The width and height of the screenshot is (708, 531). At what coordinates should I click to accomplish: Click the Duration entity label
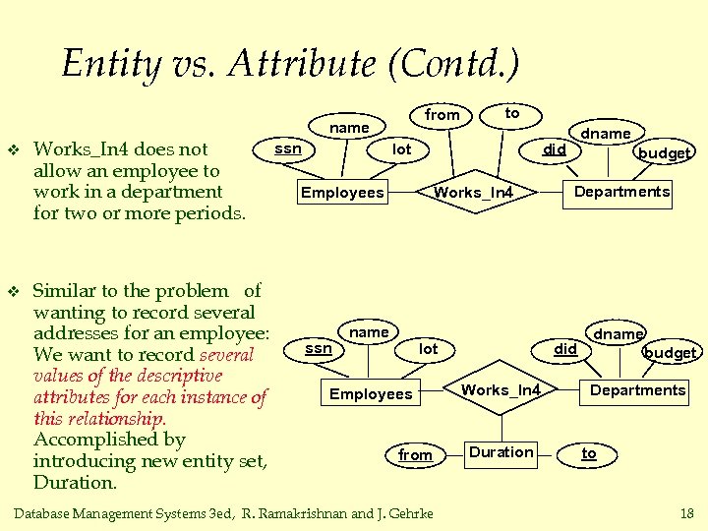[x=501, y=452]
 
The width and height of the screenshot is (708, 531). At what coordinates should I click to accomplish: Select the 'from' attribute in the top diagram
[x=442, y=115]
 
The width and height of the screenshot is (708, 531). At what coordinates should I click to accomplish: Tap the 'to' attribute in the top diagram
[x=511, y=113]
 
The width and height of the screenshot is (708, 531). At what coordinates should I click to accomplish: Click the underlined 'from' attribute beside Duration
[x=415, y=454]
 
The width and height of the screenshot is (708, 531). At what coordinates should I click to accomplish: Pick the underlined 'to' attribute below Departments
[x=588, y=453]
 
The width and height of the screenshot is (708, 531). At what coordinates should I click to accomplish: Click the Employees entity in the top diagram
[x=342, y=192]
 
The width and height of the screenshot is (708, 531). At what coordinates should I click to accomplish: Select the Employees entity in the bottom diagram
[x=371, y=394]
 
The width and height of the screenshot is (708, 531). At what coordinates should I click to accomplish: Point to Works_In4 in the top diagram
[x=474, y=192]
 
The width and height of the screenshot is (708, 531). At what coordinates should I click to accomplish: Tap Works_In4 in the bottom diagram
[x=501, y=390]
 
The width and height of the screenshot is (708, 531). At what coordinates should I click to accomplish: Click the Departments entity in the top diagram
[x=621, y=192]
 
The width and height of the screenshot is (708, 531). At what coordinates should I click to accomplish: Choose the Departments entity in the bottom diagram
[x=637, y=390]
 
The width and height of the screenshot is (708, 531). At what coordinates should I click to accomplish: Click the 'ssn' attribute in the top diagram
[x=287, y=148]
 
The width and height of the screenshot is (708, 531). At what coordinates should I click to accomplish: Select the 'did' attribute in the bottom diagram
[x=565, y=349]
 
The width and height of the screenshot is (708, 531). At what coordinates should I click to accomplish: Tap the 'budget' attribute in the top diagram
[x=665, y=152]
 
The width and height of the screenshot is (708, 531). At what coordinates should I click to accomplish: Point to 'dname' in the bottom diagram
[x=619, y=334]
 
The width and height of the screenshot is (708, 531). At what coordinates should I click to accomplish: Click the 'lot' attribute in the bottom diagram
[x=429, y=349]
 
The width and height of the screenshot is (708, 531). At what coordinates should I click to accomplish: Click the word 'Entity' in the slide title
[x=110, y=65]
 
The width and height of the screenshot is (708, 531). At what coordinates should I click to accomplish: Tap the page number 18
[x=686, y=513]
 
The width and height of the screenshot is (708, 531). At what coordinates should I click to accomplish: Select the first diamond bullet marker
[x=13, y=150]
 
